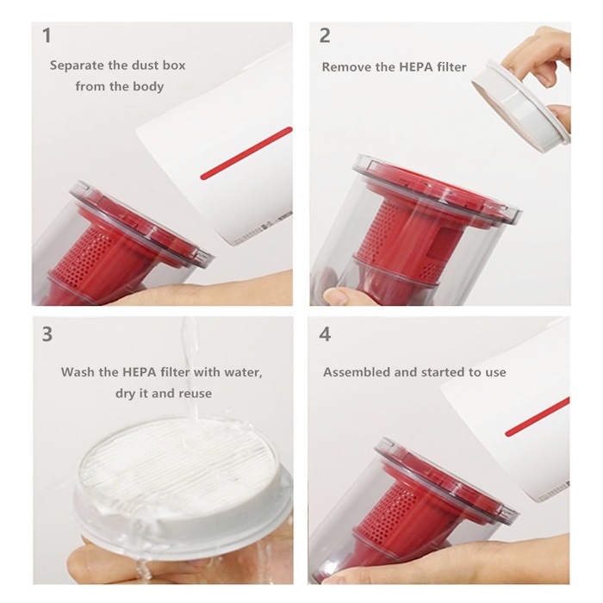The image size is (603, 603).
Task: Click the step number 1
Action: coord(47,35)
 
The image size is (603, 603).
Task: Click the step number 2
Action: coord(325,35)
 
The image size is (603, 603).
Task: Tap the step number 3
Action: coord(47,334)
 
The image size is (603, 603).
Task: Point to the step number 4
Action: coord(326,334)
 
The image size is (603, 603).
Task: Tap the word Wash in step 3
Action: coord(78,372)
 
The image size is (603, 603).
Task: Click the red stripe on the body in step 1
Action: coord(246,153)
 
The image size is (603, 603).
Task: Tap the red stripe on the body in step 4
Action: coord(538,417)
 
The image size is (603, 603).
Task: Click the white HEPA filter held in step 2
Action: coord(519,104)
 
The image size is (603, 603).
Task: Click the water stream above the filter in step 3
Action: coord(191,370)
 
